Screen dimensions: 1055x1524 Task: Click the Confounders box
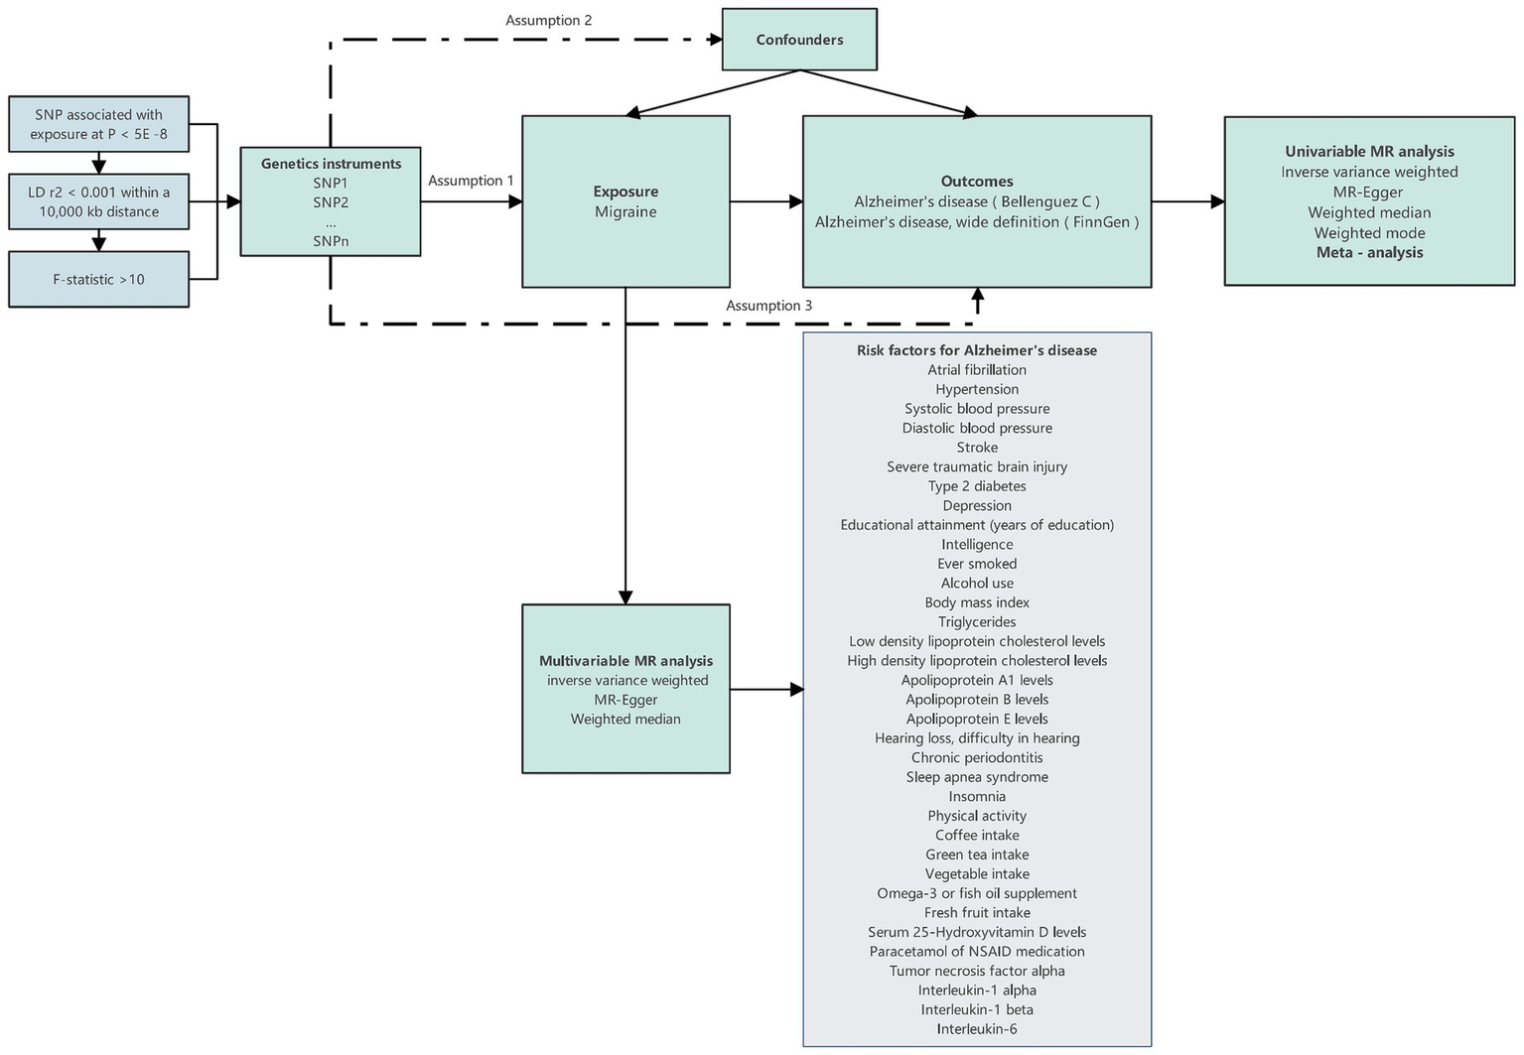pos(799,40)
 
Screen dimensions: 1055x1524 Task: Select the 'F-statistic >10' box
pos(98,280)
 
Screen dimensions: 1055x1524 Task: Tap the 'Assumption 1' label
pos(471,181)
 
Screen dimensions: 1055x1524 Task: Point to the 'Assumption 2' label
pos(549,20)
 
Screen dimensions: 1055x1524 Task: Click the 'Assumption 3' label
pos(768,306)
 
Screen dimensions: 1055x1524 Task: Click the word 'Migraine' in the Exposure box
pos(625,212)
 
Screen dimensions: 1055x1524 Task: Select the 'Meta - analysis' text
pos(1369,253)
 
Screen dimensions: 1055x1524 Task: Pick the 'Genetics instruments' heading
pos(331,164)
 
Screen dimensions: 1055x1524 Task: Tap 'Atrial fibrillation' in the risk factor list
pos(977,370)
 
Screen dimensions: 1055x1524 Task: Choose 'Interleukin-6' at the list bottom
pos(977,1029)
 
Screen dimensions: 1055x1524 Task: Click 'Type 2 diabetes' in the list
pos(977,486)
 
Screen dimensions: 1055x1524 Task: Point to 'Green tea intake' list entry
pos(977,855)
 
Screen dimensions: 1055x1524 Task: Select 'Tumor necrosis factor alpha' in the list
pos(977,971)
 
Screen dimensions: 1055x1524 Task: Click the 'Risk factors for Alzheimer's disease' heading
pos(977,350)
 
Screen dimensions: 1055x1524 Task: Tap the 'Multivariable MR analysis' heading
pos(625,661)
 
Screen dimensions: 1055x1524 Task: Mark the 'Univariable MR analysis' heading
pos(1369,152)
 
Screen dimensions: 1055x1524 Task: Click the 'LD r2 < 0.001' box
pos(98,202)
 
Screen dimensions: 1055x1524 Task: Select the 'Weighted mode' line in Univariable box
pos(1369,233)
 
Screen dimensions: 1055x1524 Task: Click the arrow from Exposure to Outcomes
pos(766,202)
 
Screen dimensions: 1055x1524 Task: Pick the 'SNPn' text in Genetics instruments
pos(331,241)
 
